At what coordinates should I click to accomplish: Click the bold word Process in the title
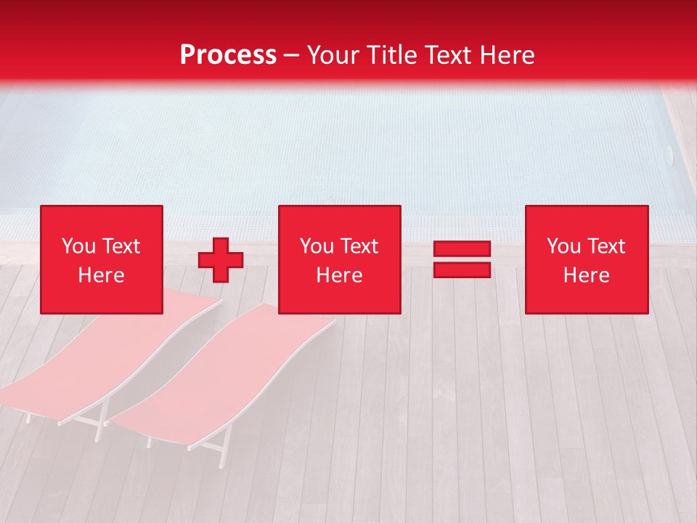coord(228,55)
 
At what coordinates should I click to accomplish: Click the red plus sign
coord(221,259)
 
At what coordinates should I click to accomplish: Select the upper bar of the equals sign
coord(462,249)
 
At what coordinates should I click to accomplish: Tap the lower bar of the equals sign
coord(462,269)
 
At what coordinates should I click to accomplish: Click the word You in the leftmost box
coord(78,246)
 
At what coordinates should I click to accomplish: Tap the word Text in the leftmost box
coord(121,246)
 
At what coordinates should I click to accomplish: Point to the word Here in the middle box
coord(339,275)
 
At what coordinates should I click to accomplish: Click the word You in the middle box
coord(316,246)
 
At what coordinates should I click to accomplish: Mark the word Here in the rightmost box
coord(586,275)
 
